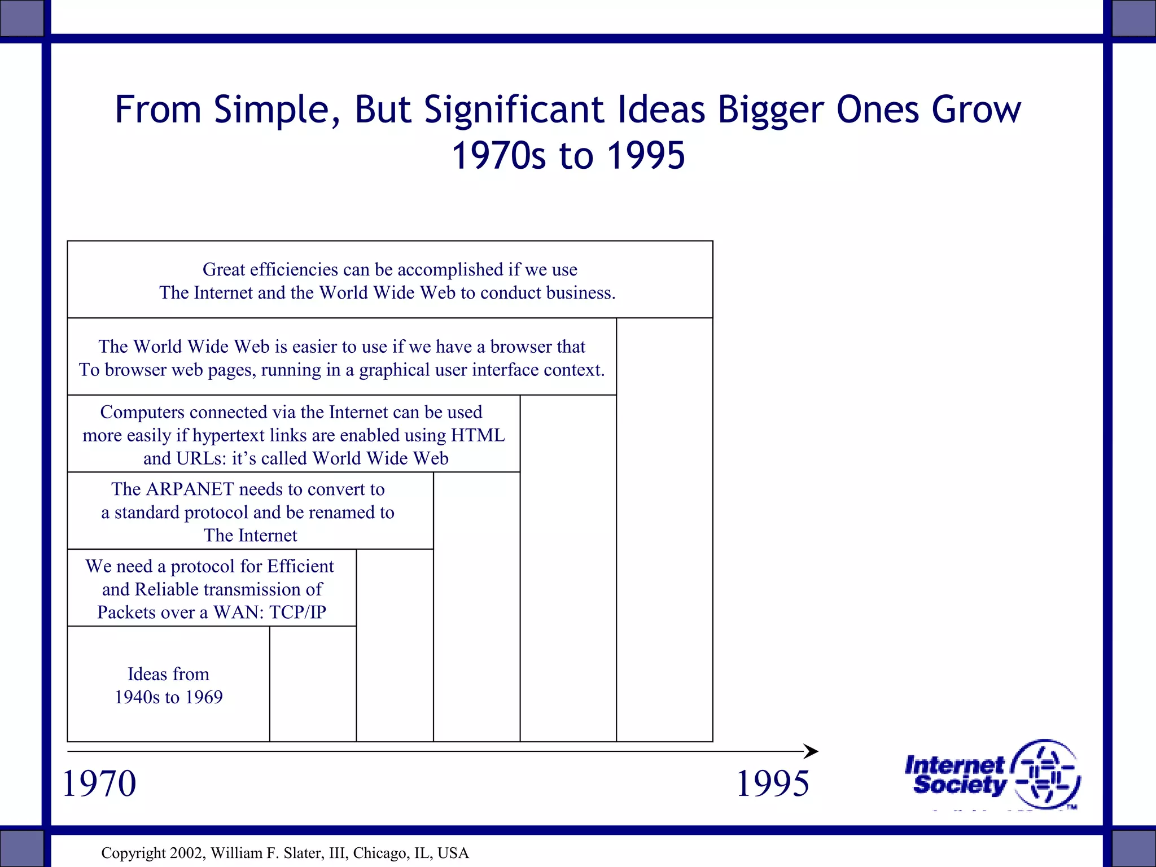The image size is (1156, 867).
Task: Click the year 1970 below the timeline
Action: pos(99,783)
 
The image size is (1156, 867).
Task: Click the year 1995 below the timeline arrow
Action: pos(773,783)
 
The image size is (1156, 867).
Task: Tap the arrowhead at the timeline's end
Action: pos(812,751)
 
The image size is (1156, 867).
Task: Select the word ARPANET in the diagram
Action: pos(189,489)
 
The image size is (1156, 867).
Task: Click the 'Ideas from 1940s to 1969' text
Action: pos(168,685)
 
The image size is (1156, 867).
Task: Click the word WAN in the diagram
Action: pos(237,612)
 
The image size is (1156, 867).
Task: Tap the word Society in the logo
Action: pos(960,785)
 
